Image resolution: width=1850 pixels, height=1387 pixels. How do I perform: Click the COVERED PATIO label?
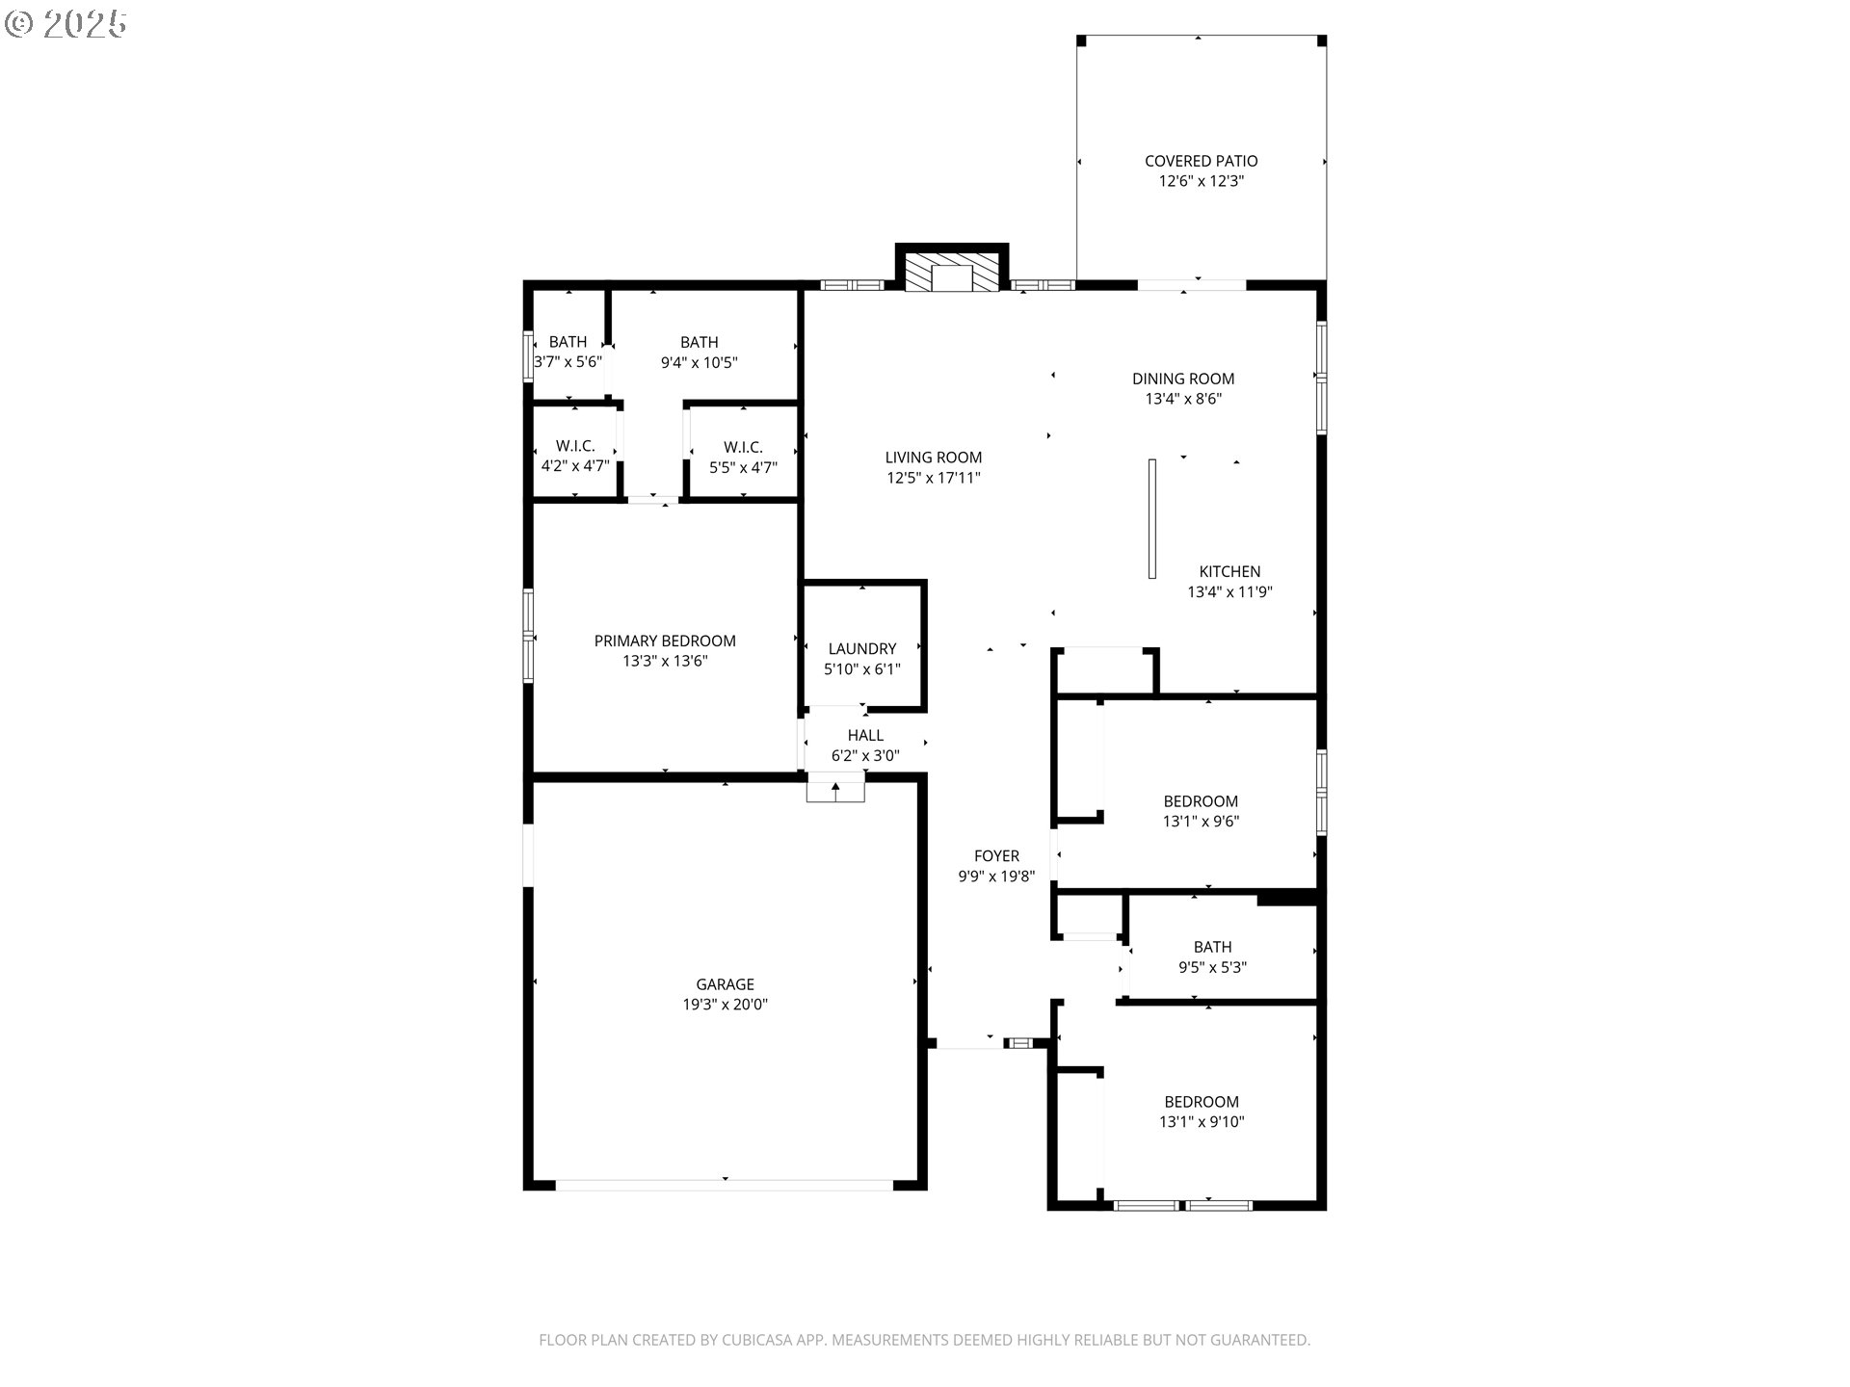click(1201, 161)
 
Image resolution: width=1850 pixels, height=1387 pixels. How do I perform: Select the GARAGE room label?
click(725, 984)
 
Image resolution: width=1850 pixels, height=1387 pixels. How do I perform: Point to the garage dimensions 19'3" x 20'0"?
click(725, 1005)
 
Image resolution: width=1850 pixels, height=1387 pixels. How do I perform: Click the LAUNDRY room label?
click(861, 648)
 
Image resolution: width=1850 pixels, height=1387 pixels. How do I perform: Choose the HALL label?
click(865, 735)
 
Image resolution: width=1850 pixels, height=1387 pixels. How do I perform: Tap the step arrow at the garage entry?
click(835, 790)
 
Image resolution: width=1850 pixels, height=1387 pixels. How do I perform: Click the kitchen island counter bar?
click(1151, 518)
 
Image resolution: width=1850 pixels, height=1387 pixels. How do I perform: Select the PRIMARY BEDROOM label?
click(665, 641)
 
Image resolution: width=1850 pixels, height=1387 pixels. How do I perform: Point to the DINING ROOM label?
click(1183, 379)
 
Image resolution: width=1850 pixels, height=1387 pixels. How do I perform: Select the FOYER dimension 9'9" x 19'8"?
click(996, 877)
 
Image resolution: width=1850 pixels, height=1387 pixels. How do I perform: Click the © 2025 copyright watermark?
click(66, 24)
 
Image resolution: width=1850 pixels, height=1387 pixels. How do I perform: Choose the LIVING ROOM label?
click(934, 458)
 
